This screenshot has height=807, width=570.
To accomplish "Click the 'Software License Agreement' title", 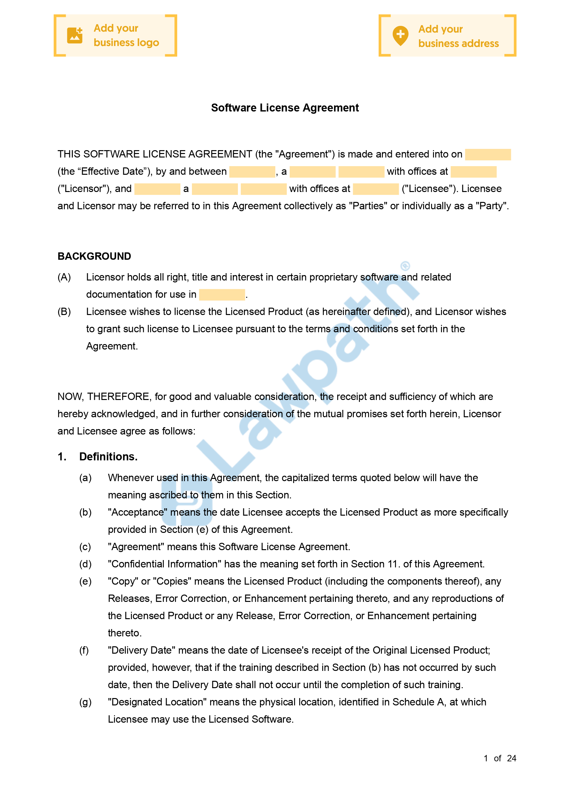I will [x=285, y=108].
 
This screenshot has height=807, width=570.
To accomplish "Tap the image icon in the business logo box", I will [x=74, y=35].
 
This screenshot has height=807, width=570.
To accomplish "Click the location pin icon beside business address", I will [x=400, y=35].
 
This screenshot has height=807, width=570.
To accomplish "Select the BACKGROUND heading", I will [x=94, y=256].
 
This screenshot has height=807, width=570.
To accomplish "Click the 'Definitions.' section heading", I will [x=108, y=457].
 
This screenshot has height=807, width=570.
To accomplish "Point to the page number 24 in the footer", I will [x=511, y=758].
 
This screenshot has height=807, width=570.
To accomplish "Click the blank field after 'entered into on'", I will [x=487, y=154].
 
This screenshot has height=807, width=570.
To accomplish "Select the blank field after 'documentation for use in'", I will [x=222, y=295].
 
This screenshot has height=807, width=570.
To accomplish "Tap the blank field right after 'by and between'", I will [x=252, y=172].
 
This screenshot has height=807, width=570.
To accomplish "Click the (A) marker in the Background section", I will [x=64, y=277].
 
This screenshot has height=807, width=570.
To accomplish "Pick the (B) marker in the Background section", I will [x=64, y=311].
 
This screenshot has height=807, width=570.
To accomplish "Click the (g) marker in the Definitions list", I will [x=85, y=702].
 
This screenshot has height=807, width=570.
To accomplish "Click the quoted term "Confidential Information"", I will [x=164, y=564].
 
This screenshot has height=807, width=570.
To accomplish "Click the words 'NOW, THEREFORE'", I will [x=103, y=396].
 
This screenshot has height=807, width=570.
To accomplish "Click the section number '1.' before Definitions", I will [x=62, y=457].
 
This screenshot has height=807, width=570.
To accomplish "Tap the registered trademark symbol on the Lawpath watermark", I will [x=405, y=266].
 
